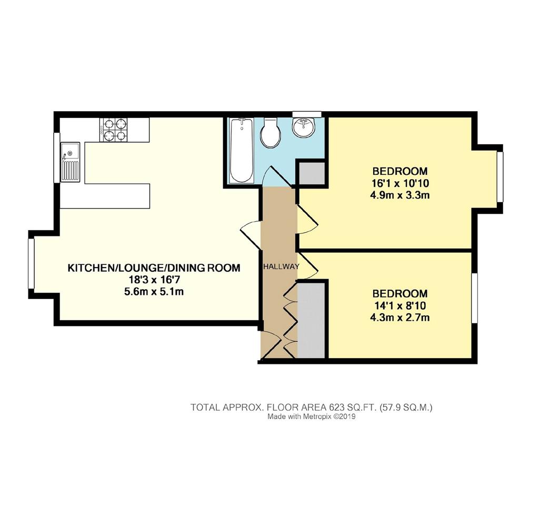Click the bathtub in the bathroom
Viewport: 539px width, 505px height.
click(242, 150)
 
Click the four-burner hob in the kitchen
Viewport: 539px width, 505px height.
click(114, 130)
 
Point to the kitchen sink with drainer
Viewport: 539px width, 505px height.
click(71, 162)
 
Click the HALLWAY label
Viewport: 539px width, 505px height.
click(281, 266)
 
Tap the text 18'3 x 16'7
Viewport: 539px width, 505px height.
click(154, 280)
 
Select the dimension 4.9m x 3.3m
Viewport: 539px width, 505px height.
click(400, 195)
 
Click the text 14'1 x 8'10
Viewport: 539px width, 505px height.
click(400, 305)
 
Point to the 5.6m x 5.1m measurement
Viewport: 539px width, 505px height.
click(154, 292)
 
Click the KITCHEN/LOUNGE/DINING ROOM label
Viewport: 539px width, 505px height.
click(154, 268)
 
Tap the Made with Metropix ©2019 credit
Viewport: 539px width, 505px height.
click(312, 417)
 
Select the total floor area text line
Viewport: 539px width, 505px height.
click(312, 408)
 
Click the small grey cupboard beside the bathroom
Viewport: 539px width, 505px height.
click(312, 174)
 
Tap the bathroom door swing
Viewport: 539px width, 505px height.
click(278, 176)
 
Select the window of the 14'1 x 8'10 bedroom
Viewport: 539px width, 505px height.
click(474, 298)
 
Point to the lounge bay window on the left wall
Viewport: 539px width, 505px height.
click(31, 263)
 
